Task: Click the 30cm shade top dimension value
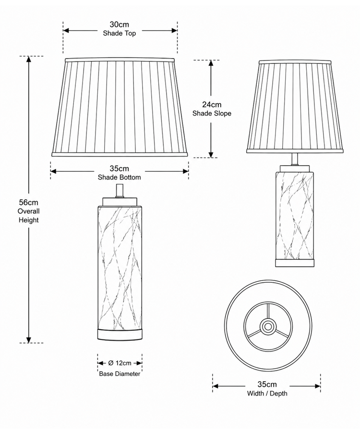[x=119, y=24]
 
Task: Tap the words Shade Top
[x=119, y=33]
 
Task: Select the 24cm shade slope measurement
[x=212, y=105]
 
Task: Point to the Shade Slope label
[x=212, y=113]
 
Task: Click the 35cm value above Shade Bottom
[x=119, y=169]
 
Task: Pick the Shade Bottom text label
[x=119, y=177]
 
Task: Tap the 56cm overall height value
[x=28, y=202]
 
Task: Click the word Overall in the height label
[x=28, y=211]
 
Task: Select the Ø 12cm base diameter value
[x=120, y=363]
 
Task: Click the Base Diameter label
[x=120, y=374]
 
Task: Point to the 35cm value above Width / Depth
[x=267, y=384]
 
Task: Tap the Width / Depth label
[x=267, y=393]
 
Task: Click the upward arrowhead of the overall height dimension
[x=28, y=59]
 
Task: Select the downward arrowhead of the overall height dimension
[x=28, y=340]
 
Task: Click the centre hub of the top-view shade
[x=267, y=326]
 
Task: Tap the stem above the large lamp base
[x=120, y=191]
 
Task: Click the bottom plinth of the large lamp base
[x=120, y=334]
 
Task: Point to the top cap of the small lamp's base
[x=294, y=169]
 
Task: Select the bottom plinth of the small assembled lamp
[x=295, y=263]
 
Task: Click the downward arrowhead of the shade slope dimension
[x=211, y=155]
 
